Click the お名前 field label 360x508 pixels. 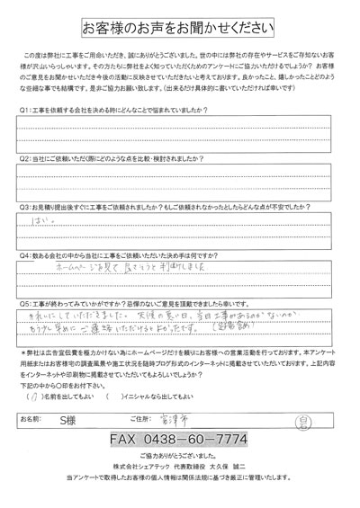33,419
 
